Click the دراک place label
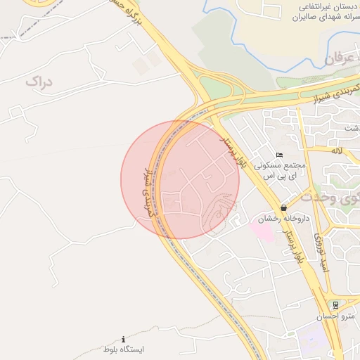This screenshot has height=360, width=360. click(39, 82)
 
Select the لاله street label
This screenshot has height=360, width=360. click(338, 150)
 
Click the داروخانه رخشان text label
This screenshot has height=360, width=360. click(269, 219)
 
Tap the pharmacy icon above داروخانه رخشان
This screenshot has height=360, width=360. click(283, 208)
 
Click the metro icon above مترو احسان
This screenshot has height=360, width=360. click(336, 305)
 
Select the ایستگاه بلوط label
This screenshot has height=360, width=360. click(124, 349)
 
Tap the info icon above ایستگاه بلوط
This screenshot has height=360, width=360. click(124, 339)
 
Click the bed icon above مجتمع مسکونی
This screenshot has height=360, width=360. click(280, 155)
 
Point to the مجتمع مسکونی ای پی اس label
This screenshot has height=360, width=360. click(281, 170)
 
